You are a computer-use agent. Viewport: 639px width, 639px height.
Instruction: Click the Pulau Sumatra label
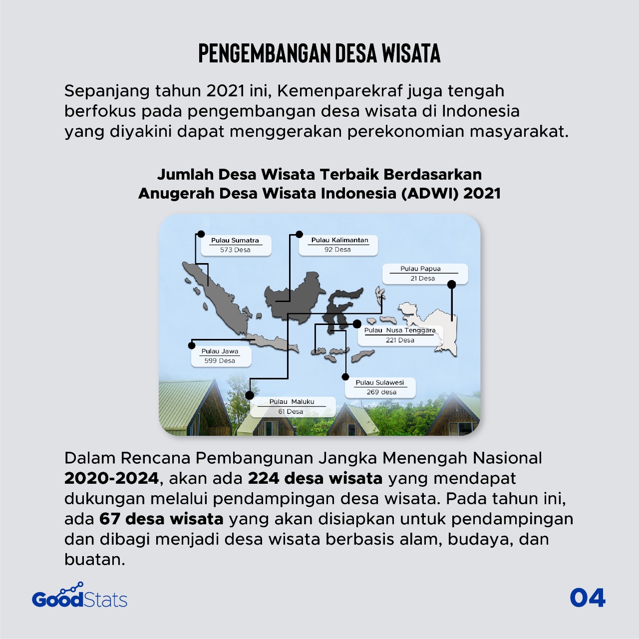click(235, 240)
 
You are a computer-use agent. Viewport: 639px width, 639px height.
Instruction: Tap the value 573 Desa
click(235, 250)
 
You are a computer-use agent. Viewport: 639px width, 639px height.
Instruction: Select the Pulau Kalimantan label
click(339, 240)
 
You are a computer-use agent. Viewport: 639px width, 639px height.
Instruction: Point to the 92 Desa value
click(337, 250)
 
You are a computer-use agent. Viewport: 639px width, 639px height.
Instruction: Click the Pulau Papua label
click(420, 269)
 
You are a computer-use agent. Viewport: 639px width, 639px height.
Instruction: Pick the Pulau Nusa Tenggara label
click(399, 330)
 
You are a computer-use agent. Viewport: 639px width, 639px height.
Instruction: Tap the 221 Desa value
click(400, 340)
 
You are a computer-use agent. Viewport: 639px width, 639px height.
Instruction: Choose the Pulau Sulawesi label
click(379, 382)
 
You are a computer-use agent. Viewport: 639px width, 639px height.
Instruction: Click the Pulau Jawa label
click(220, 351)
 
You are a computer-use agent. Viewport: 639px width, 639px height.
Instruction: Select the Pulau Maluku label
click(292, 401)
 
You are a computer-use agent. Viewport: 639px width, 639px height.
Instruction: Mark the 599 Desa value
click(220, 360)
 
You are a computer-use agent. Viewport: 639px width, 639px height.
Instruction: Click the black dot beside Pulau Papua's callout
click(452, 285)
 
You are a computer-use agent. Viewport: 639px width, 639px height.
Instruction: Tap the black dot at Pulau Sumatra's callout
click(201, 234)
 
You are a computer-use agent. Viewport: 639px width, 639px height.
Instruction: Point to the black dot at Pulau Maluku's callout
click(250, 395)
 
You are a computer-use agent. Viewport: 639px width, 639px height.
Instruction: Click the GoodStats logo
click(80, 597)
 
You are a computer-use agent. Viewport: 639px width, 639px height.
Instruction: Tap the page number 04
click(588, 598)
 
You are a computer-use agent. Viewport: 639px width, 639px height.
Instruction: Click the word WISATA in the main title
click(411, 53)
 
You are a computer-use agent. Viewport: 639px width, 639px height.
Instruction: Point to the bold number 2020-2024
click(111, 478)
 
